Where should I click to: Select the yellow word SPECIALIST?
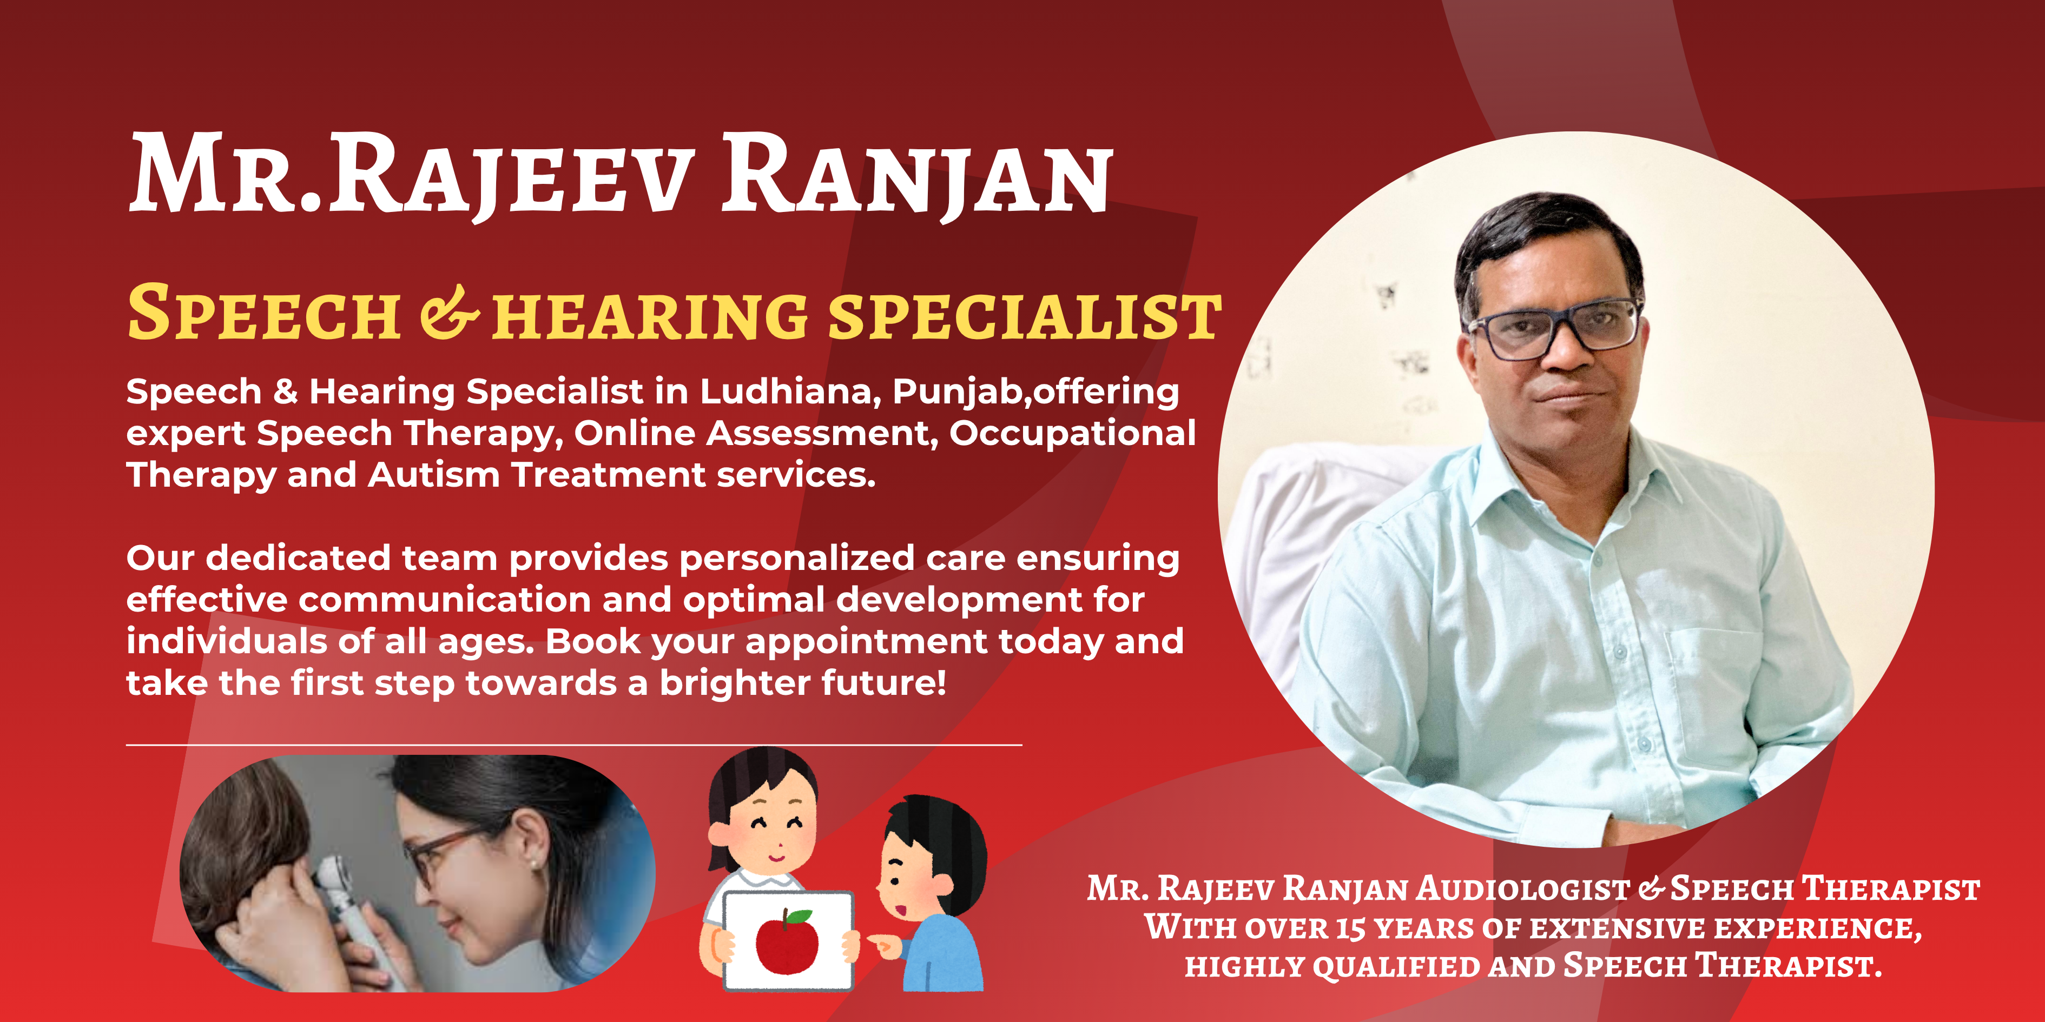click(1024, 316)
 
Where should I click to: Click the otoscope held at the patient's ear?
click(349, 905)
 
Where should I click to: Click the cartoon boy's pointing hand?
click(881, 944)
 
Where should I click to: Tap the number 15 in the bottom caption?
click(1350, 928)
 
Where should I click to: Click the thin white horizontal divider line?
click(574, 745)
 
